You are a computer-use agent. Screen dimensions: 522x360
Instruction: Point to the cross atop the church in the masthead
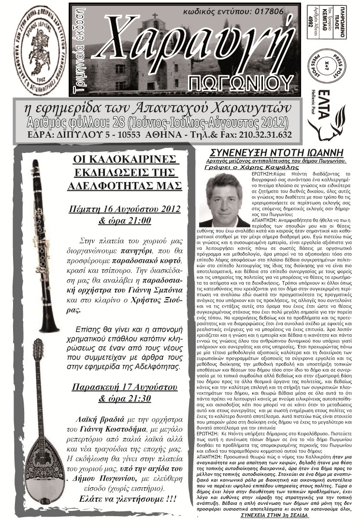(x=155, y=16)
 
